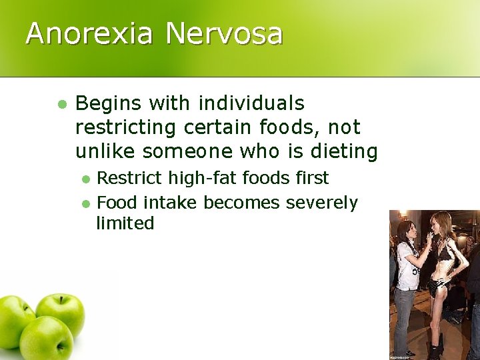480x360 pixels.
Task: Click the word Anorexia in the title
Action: pos(89,33)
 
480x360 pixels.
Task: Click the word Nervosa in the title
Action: pos(224,33)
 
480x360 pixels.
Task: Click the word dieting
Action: pos(344,151)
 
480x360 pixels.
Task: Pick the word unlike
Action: pos(105,151)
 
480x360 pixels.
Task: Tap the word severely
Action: pos(322,202)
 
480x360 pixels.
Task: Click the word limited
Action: pos(125,223)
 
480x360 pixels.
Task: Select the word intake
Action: pos(170,202)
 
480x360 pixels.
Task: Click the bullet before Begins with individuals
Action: pos(62,105)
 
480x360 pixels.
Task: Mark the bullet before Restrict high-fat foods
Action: pos(85,179)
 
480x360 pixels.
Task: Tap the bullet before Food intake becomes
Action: pos(85,203)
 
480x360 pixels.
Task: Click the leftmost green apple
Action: pos(14,321)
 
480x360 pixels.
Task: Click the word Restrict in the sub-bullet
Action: pos(129,178)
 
